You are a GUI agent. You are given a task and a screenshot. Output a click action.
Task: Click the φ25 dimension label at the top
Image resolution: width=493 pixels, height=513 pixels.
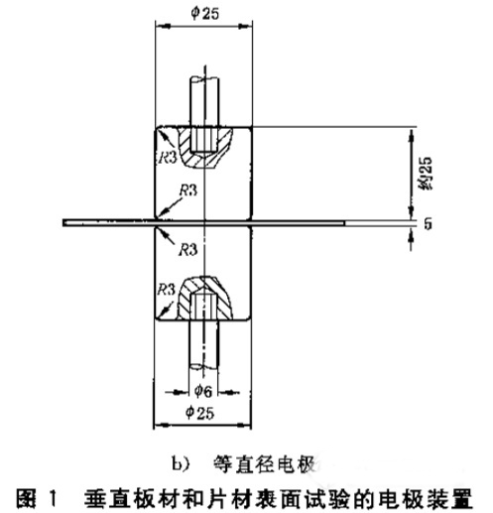click(x=204, y=13)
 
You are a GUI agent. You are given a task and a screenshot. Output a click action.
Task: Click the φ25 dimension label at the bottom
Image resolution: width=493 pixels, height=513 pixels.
click(x=200, y=413)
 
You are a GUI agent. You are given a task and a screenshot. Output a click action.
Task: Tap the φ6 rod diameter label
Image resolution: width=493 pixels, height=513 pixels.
click(x=202, y=391)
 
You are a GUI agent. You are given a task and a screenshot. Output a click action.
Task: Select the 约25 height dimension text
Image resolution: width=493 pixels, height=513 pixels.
click(x=426, y=173)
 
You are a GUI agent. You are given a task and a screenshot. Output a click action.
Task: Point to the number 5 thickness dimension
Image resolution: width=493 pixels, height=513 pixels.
click(x=428, y=223)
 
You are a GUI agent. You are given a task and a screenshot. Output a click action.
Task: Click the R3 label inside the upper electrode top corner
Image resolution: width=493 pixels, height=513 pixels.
click(x=168, y=157)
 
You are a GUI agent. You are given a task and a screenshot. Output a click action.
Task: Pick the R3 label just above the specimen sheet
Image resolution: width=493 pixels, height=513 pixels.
click(x=187, y=191)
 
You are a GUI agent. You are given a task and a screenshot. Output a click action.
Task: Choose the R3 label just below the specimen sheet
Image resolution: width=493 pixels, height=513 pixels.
click(x=187, y=250)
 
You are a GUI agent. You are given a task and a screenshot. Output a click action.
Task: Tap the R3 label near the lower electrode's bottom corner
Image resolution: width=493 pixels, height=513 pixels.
click(x=166, y=290)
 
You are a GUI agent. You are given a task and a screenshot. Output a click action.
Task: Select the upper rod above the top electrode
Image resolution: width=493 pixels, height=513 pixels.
click(x=204, y=101)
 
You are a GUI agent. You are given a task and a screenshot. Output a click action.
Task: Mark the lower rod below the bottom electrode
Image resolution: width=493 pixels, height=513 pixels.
click(x=203, y=344)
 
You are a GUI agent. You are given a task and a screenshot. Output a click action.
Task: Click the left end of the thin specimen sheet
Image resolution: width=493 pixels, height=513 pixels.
click(x=63, y=222)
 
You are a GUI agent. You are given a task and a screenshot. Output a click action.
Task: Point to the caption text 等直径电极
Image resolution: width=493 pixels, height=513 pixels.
click(x=265, y=464)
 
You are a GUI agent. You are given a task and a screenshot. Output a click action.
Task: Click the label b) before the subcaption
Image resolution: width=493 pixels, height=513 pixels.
click(x=181, y=464)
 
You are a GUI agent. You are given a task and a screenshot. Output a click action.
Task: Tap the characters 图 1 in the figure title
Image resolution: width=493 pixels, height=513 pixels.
click(x=37, y=498)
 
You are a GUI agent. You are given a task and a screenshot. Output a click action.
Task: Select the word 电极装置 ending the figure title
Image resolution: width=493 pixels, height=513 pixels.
click(x=426, y=498)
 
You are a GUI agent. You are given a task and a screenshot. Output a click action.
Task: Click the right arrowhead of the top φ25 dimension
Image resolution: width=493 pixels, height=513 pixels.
click(x=245, y=26)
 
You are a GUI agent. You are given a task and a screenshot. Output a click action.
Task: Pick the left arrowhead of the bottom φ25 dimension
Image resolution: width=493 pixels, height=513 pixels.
click(x=161, y=425)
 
